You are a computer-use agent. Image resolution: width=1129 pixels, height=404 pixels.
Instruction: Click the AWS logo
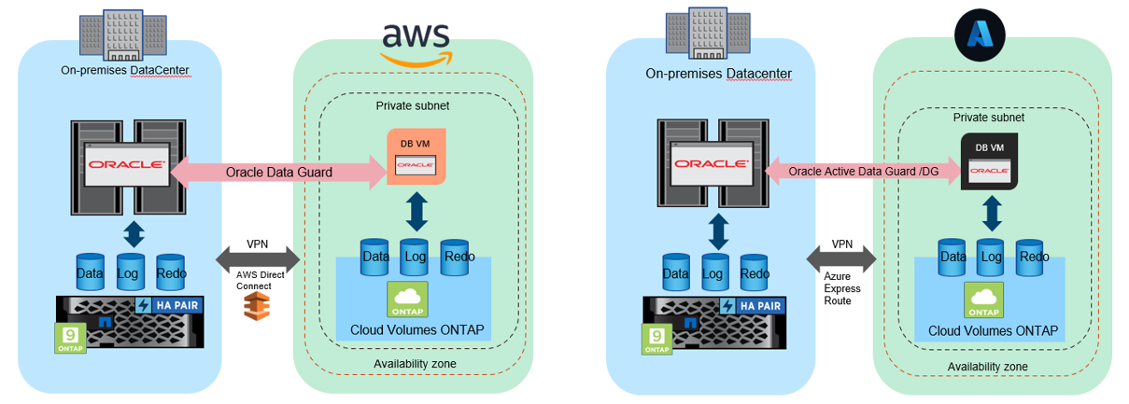point(416,42)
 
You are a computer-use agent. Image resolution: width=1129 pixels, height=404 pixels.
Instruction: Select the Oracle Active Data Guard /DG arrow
point(864,172)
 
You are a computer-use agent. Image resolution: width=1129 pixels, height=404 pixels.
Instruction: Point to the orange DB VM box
point(416,156)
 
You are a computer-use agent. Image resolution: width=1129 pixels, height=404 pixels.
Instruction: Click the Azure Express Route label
point(843,288)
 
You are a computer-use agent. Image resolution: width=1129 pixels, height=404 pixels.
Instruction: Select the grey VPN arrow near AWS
point(256,258)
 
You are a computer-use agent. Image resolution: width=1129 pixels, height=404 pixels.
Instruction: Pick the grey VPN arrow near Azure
point(842,258)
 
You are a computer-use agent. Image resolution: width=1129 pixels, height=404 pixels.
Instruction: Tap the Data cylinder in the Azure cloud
point(953,258)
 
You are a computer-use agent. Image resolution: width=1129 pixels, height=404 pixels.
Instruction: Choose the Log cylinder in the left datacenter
point(131,272)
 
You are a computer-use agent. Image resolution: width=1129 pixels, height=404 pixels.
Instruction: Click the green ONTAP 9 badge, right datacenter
point(656,339)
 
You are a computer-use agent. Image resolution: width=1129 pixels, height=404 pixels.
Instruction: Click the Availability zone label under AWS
point(413,363)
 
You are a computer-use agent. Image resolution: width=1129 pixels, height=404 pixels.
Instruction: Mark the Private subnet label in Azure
point(988,118)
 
